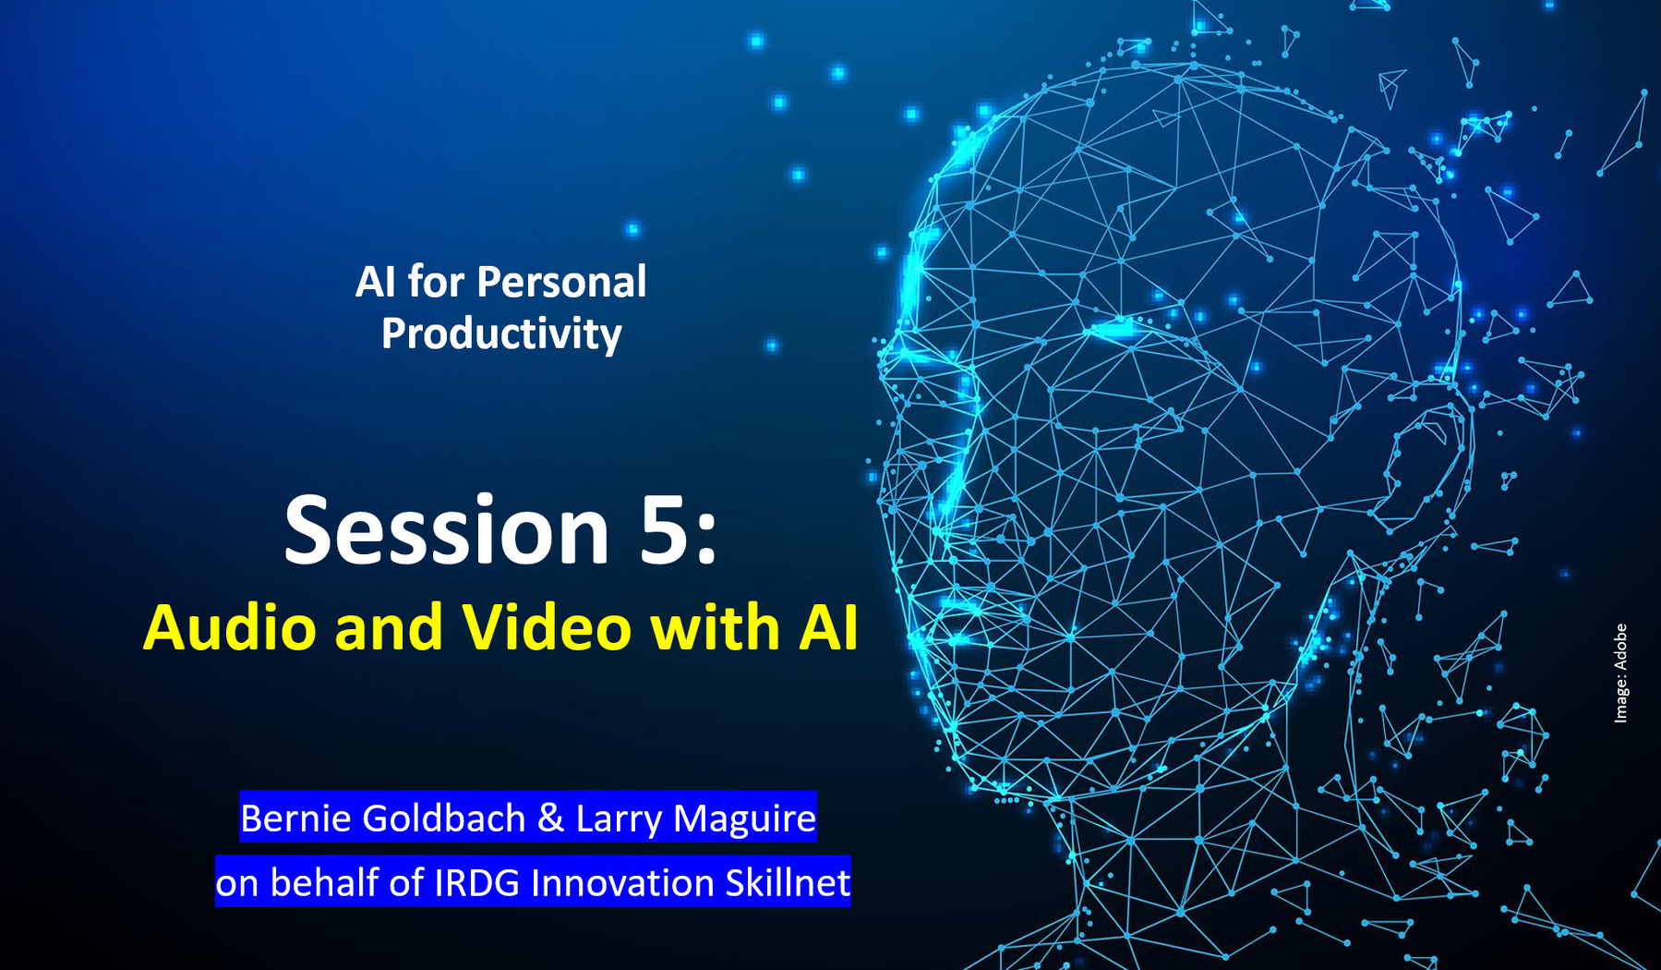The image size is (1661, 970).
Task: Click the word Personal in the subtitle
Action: pyautogui.click(x=560, y=283)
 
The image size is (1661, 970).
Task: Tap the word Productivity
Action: pyautogui.click(x=501, y=334)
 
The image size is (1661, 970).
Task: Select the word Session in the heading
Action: pyautogui.click(x=446, y=531)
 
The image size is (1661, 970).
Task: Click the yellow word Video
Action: pyautogui.click(x=547, y=628)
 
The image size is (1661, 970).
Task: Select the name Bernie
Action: pyautogui.click(x=294, y=818)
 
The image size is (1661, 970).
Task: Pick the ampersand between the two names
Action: pyautogui.click(x=550, y=818)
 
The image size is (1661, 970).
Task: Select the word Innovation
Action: pyautogui.click(x=622, y=883)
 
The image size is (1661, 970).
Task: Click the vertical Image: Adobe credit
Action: pyautogui.click(x=1620, y=673)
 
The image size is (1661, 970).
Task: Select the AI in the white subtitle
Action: pyautogui.click(x=375, y=283)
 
